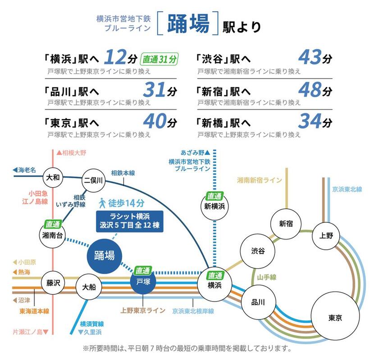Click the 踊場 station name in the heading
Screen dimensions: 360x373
(188, 24)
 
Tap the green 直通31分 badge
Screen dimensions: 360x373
(160, 58)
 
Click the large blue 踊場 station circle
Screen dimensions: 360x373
(104, 255)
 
